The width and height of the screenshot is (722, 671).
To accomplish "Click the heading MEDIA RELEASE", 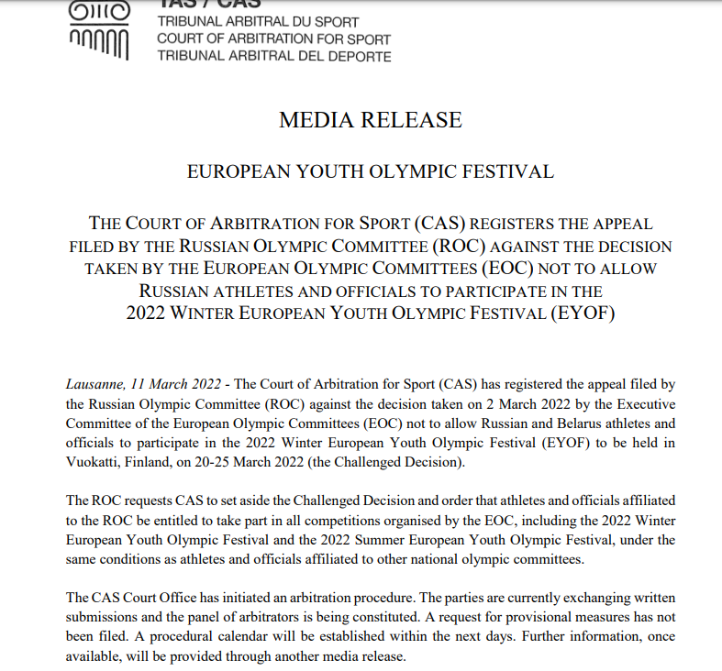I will (370, 120).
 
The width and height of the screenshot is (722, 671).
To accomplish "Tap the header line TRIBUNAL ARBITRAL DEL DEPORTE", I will (273, 57).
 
